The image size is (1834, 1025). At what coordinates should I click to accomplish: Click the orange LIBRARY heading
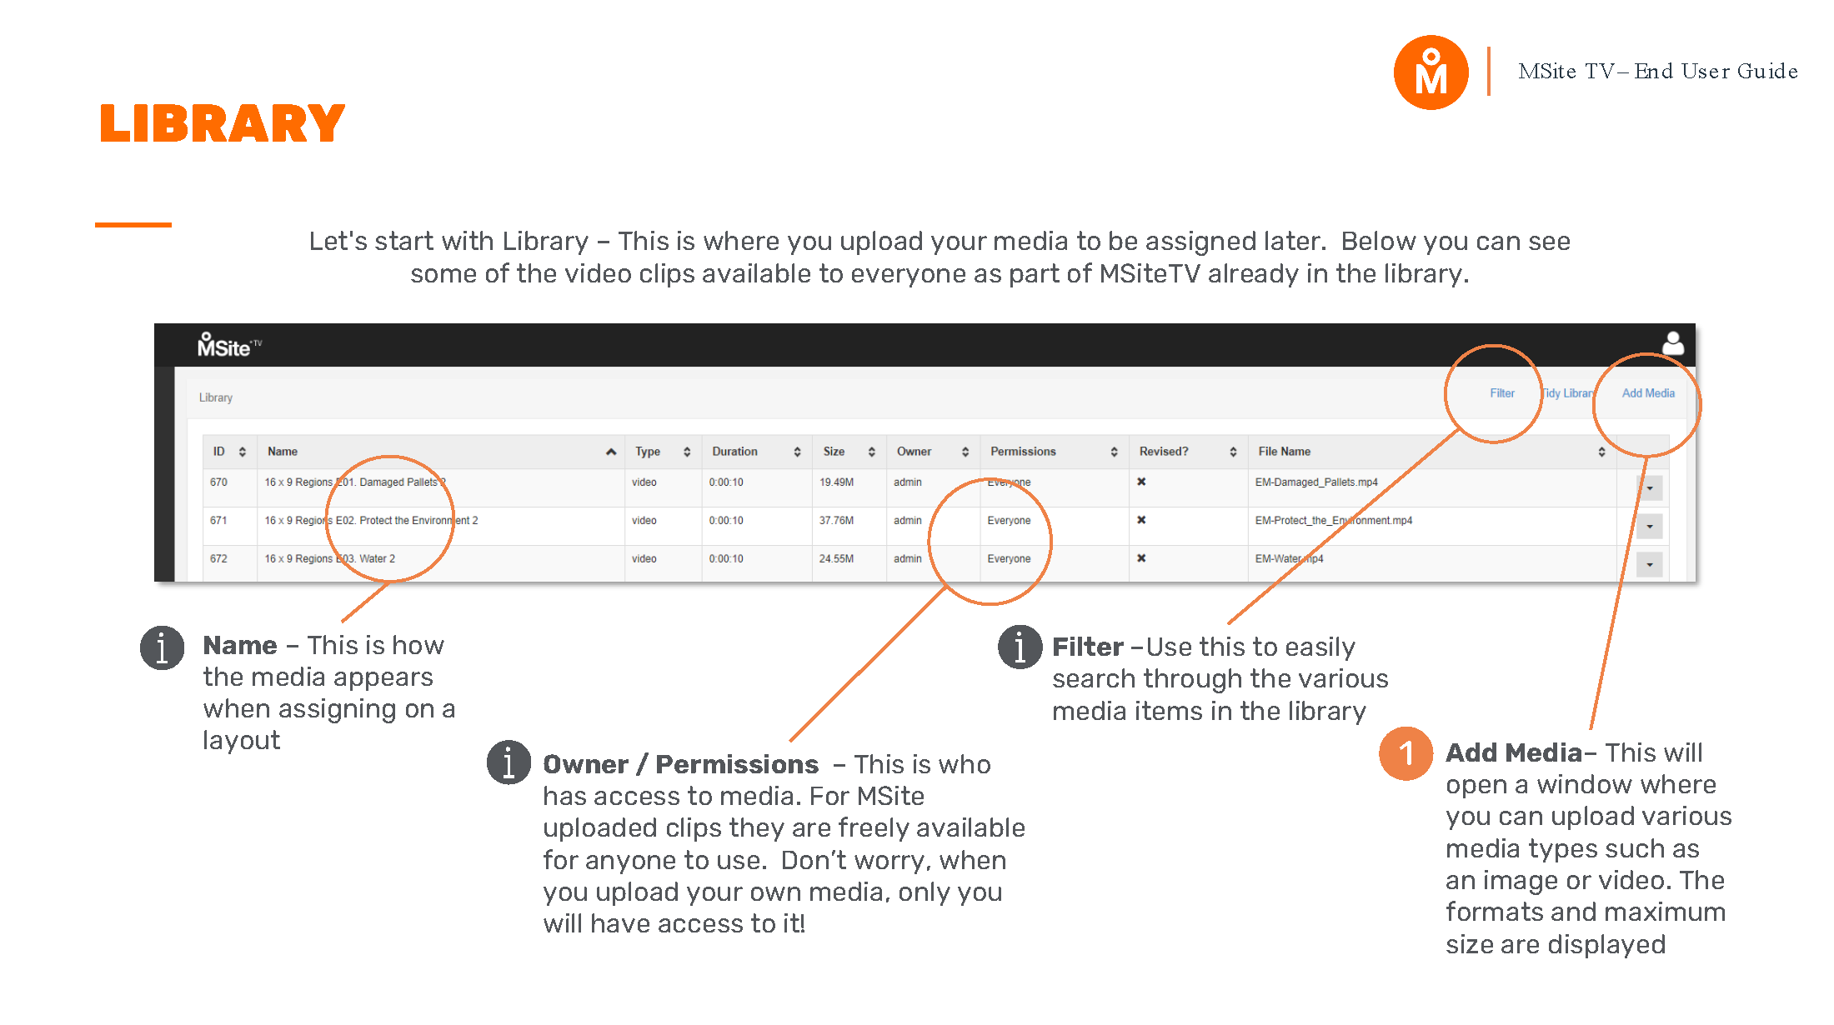[222, 124]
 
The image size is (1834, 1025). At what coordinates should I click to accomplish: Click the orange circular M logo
[1431, 72]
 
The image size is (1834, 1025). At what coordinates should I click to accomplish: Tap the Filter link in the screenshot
[1501, 393]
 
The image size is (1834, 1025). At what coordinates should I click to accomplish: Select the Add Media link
[1647, 393]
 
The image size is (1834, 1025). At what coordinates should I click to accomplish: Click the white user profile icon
[1672, 343]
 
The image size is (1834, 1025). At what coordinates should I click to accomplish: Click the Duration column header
[734, 452]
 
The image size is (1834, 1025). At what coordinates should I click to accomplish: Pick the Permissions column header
[1023, 452]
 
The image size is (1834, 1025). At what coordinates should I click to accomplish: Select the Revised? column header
[1164, 452]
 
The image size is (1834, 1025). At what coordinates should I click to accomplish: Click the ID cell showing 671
[218, 521]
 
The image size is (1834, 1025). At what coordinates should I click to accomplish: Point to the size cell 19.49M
[836, 482]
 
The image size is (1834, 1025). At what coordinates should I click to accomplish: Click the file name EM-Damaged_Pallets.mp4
[1316, 482]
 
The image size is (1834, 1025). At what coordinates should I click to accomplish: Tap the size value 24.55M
[836, 559]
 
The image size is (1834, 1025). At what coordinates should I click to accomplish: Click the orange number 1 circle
[1406, 753]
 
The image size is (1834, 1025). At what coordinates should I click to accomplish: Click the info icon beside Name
[162, 647]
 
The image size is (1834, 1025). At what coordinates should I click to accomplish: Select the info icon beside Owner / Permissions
[509, 762]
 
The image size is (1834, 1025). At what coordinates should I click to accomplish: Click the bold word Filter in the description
[1087, 647]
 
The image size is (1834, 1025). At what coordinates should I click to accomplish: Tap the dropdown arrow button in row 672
[1649, 564]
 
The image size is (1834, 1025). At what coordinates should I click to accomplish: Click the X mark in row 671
[1141, 520]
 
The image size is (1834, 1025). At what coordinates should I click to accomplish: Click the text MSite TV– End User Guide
[1657, 72]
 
